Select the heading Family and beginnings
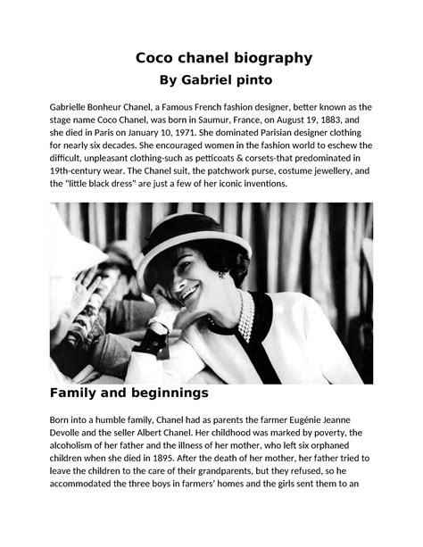click(130, 392)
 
